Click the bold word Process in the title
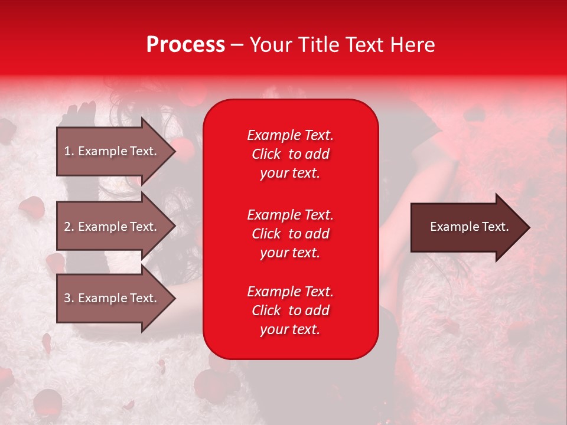pyautogui.click(x=185, y=45)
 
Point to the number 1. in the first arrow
pyautogui.click(x=69, y=151)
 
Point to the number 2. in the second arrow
pyautogui.click(x=69, y=227)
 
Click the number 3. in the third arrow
pyautogui.click(x=69, y=298)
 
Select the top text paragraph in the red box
pyautogui.click(x=290, y=154)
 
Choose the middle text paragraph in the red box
pyautogui.click(x=290, y=234)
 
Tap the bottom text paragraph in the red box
pyautogui.click(x=290, y=310)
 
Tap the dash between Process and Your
pyautogui.click(x=237, y=45)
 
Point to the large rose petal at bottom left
pyautogui.click(x=47, y=403)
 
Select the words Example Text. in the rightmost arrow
pyautogui.click(x=469, y=227)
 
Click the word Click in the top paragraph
pyautogui.click(x=266, y=154)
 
